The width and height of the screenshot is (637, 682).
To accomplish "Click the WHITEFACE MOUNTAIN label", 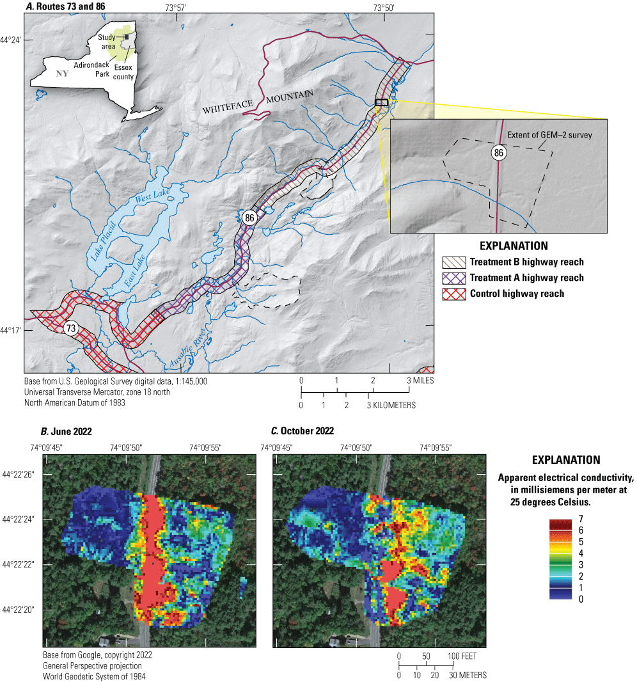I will tap(258, 102).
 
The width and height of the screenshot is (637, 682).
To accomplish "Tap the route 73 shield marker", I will tap(72, 328).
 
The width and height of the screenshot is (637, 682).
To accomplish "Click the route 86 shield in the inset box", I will tap(499, 152).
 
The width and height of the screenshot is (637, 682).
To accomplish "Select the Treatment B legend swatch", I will tap(453, 262).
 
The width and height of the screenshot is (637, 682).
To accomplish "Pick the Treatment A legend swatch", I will tap(453, 278).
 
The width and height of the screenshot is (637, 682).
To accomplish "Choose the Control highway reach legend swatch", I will tap(453, 294).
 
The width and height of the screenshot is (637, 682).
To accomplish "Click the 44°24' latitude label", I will tap(11, 40).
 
